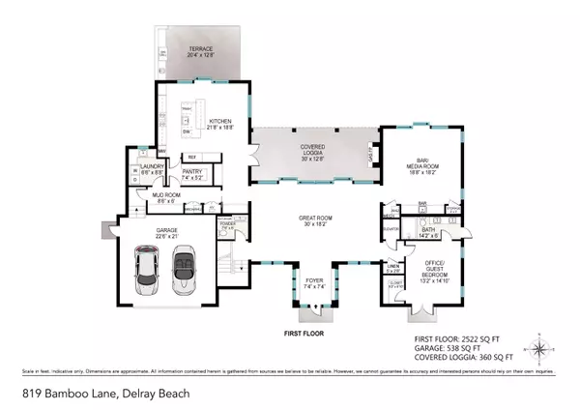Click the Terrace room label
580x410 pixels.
click(200, 52)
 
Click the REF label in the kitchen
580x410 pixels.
click(191, 157)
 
